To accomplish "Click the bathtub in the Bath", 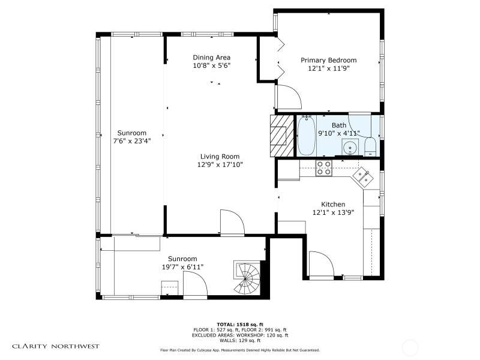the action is click(307, 136).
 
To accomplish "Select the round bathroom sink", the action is click(350, 148).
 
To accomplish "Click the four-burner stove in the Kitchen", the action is click(324, 168).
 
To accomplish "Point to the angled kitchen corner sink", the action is click(364, 177).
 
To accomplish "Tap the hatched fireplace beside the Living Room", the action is click(278, 136).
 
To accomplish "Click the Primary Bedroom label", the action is click(328, 60).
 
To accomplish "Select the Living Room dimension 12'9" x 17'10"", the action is click(220, 164).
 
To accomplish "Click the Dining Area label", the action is click(212, 58).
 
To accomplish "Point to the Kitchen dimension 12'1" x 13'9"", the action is click(334, 212).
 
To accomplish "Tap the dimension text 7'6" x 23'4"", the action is click(132, 141).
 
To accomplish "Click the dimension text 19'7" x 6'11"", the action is click(182, 267).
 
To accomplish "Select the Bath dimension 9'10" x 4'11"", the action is click(339, 133).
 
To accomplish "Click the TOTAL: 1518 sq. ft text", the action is click(240, 325).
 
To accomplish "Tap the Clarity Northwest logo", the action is click(56, 347).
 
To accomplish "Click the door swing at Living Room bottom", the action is click(233, 223).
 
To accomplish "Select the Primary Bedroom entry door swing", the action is click(289, 97).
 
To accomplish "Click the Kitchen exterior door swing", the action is click(321, 264).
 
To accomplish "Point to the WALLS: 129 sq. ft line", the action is click(240, 340).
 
